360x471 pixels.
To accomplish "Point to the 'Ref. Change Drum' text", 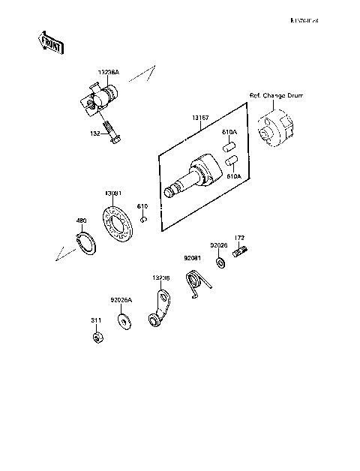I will [277, 95].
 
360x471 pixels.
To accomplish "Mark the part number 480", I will [81, 221].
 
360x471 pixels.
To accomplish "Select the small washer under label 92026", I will [220, 263].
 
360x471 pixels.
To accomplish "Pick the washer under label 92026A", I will [121, 322].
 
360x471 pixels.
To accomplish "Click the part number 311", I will [97, 320].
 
